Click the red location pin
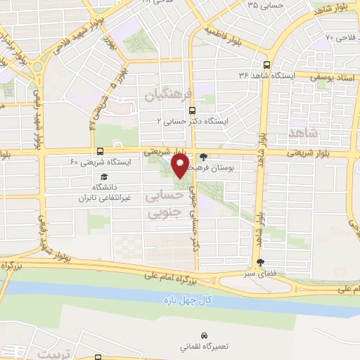(180, 167)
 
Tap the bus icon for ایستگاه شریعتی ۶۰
(100, 151)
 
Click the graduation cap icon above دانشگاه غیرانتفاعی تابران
(104, 177)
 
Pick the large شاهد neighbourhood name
(303, 131)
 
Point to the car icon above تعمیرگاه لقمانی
(204, 335)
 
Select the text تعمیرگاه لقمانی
(204, 347)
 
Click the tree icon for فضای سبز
(261, 262)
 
